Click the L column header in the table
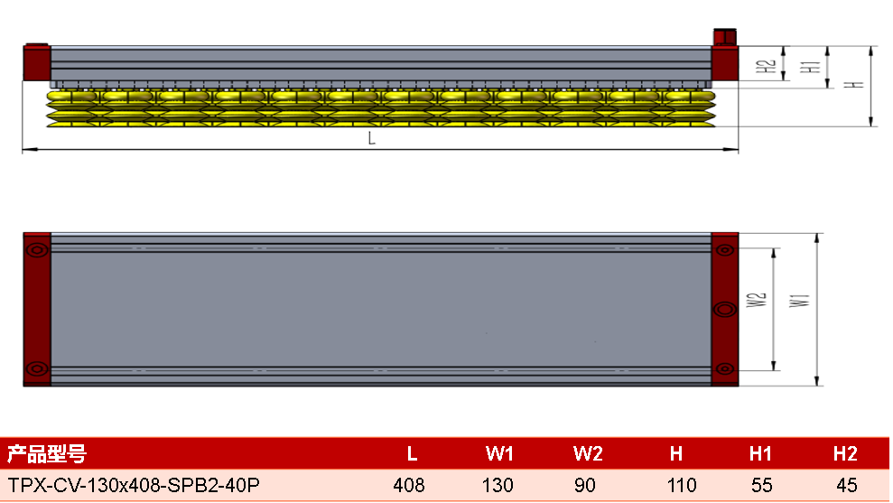(x=412, y=453)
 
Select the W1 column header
(x=499, y=453)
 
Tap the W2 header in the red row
(x=588, y=453)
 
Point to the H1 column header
(x=760, y=453)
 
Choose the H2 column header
(x=845, y=453)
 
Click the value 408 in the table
(x=409, y=485)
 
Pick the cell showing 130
(x=498, y=485)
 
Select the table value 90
(x=585, y=485)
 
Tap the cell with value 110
(x=682, y=485)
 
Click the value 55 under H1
(x=761, y=485)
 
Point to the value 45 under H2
(x=847, y=485)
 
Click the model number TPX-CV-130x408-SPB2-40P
(x=134, y=485)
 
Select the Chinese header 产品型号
(x=47, y=454)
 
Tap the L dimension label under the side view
(x=371, y=138)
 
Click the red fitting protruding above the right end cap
(x=724, y=36)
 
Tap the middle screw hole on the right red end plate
(x=725, y=310)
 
